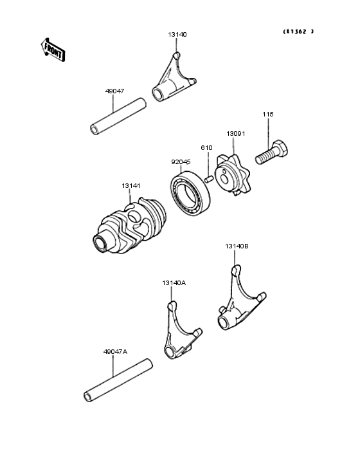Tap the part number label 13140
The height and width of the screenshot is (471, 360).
[177, 34]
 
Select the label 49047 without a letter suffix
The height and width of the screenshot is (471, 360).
[114, 92]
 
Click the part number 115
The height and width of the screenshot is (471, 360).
[267, 114]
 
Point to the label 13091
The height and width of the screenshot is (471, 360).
[235, 134]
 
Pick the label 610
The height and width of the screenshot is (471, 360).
[206, 148]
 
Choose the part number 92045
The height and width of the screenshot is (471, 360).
[181, 162]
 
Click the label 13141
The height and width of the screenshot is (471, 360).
[131, 186]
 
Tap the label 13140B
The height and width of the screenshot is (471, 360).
[237, 246]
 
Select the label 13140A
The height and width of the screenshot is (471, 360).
[174, 282]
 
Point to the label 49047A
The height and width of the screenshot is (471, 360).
[115, 352]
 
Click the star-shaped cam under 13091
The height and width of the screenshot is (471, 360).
[232, 176]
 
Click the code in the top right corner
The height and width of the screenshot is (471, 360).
[298, 32]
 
